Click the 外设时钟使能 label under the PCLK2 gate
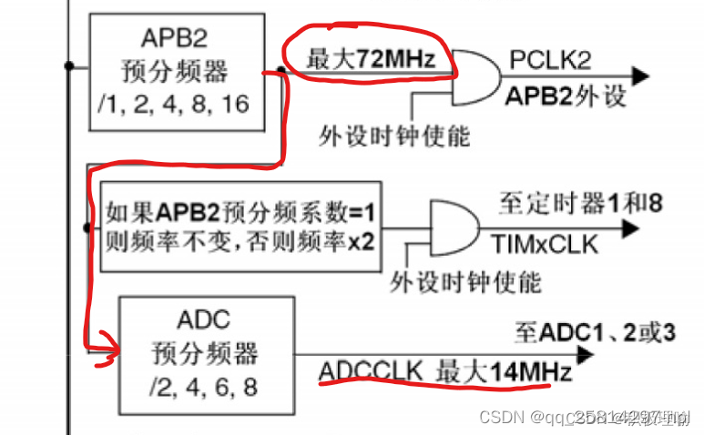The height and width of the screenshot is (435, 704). pyautogui.click(x=394, y=137)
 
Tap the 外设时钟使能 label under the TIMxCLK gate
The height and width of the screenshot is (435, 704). pyautogui.click(x=464, y=279)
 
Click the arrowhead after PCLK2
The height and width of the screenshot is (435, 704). pyautogui.click(x=641, y=77)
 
